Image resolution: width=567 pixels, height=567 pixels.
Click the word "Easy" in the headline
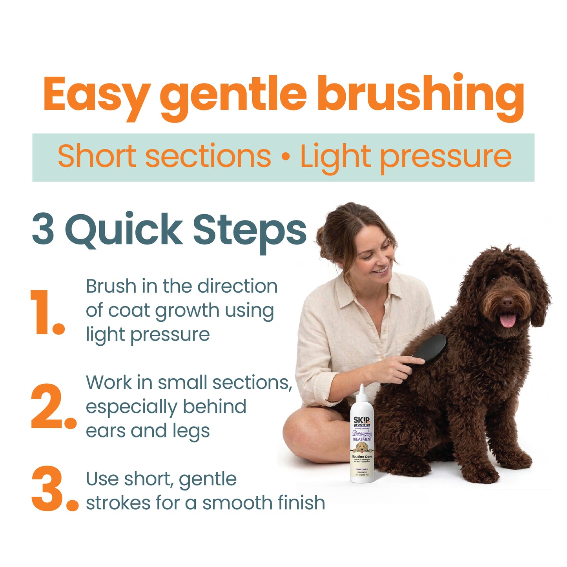click(x=96, y=94)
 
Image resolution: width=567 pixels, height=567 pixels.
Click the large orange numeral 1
click(x=45, y=313)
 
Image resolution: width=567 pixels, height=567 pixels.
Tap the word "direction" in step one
click(x=237, y=286)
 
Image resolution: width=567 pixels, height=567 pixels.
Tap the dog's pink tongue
click(x=508, y=320)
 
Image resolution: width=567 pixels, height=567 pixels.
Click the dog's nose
click(x=507, y=302)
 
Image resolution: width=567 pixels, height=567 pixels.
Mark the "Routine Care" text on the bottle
click(x=362, y=457)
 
